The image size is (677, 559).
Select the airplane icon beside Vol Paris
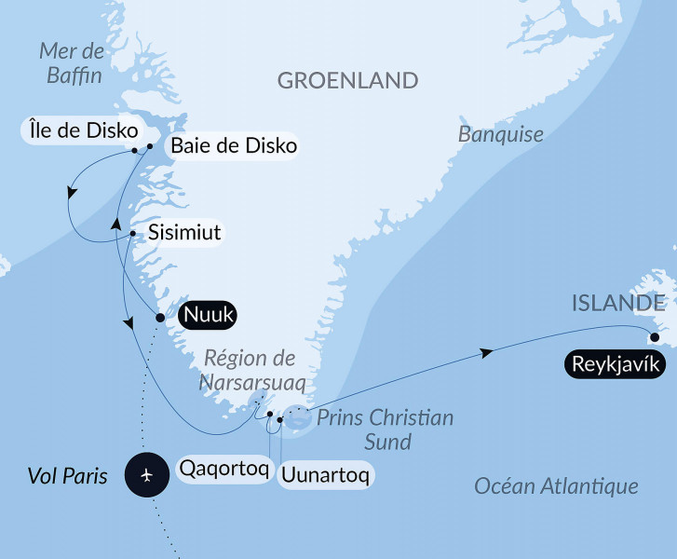148,476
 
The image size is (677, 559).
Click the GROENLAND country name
347,80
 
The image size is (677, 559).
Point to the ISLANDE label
618,303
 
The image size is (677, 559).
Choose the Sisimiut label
184,232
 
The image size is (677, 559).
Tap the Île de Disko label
79,129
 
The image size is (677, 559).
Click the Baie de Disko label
233,145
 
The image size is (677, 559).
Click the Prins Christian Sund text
384,429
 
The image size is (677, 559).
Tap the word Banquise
501,134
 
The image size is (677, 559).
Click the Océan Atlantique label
556,485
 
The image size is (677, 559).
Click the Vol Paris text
67,477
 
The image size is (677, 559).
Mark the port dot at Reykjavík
655,337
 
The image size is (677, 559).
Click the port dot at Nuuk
159,318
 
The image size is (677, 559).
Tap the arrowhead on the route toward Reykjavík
485,353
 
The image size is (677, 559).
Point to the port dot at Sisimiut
133,233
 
